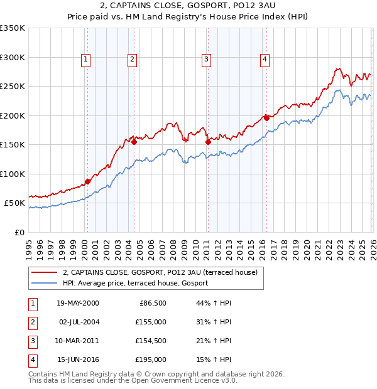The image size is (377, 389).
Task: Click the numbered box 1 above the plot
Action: click(86, 60)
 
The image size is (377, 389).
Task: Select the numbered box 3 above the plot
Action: click(206, 60)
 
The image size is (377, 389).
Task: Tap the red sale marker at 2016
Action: click(266, 117)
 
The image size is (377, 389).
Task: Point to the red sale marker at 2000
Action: click(87, 181)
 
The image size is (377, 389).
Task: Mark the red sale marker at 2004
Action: click(134, 142)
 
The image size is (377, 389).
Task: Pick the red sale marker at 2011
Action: click(208, 142)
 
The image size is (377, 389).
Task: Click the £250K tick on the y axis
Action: click(13, 87)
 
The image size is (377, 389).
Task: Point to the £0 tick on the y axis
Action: click(19, 233)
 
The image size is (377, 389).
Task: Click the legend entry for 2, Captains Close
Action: click(160, 272)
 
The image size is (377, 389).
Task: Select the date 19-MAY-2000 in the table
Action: click(77, 303)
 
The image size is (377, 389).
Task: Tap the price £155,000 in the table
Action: click(151, 322)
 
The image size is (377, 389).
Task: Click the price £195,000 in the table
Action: click(151, 360)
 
